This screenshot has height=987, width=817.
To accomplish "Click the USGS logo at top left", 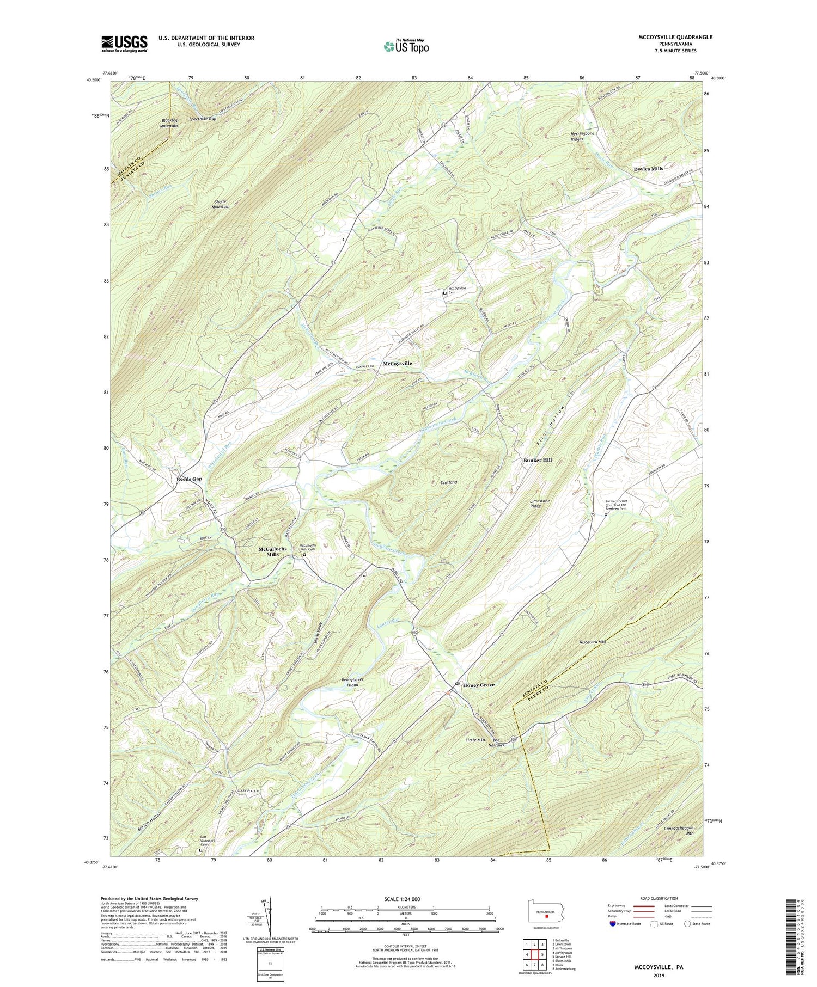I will coord(124,43).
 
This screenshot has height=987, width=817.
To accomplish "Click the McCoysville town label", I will coord(397,363).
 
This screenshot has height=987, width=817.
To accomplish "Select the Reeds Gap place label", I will coord(190,479).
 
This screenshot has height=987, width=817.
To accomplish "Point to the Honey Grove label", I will coord(478,685).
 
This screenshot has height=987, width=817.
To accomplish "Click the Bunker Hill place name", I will coord(538,460).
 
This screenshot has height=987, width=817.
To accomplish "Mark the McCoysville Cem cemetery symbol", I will coord(444,293).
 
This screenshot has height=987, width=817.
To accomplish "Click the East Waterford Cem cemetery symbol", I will coord(200,865).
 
